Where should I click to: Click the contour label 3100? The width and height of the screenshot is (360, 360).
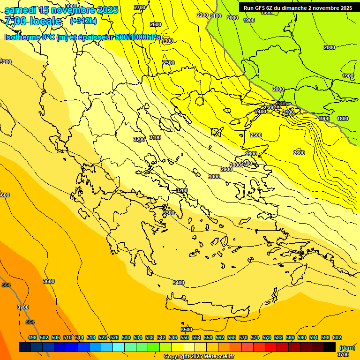155,137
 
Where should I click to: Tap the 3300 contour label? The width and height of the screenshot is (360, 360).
169,213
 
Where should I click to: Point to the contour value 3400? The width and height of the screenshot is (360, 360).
179,283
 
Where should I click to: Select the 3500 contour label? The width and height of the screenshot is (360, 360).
187,330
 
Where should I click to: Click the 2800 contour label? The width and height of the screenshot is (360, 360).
235,165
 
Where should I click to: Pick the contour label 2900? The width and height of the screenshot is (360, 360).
227,169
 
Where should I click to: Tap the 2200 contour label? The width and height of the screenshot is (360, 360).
202,15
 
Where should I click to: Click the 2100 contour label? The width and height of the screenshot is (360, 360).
216,16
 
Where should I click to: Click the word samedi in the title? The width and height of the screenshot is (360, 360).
20,10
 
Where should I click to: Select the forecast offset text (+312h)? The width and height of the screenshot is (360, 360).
83,21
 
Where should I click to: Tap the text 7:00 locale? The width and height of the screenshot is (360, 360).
33,21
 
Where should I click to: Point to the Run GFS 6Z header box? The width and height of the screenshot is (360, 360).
298,8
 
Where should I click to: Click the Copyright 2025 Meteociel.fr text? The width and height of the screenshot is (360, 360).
199,356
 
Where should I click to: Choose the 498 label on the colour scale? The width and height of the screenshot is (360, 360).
32,337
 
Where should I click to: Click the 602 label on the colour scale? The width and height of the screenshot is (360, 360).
337,337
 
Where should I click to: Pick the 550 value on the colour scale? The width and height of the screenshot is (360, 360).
185,337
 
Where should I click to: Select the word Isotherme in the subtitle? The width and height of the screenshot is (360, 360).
22,37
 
